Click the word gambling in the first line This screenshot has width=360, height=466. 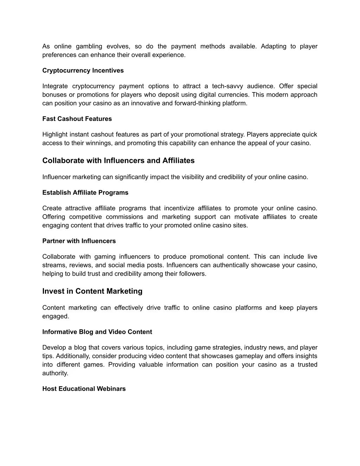(89, 46)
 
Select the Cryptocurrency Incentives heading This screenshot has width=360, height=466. (83, 70)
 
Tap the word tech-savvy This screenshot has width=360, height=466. (227, 86)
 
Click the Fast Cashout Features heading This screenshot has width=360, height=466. (77, 119)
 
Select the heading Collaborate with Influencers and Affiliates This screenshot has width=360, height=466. (118, 161)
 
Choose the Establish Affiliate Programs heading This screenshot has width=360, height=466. (85, 193)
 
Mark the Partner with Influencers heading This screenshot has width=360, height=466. (79, 241)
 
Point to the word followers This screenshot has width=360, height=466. (193, 274)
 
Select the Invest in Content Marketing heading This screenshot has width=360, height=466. (92, 291)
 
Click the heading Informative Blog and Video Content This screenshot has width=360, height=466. (97, 332)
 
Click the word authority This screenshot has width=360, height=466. (55, 373)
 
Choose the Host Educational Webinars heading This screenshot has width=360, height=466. (84, 389)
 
